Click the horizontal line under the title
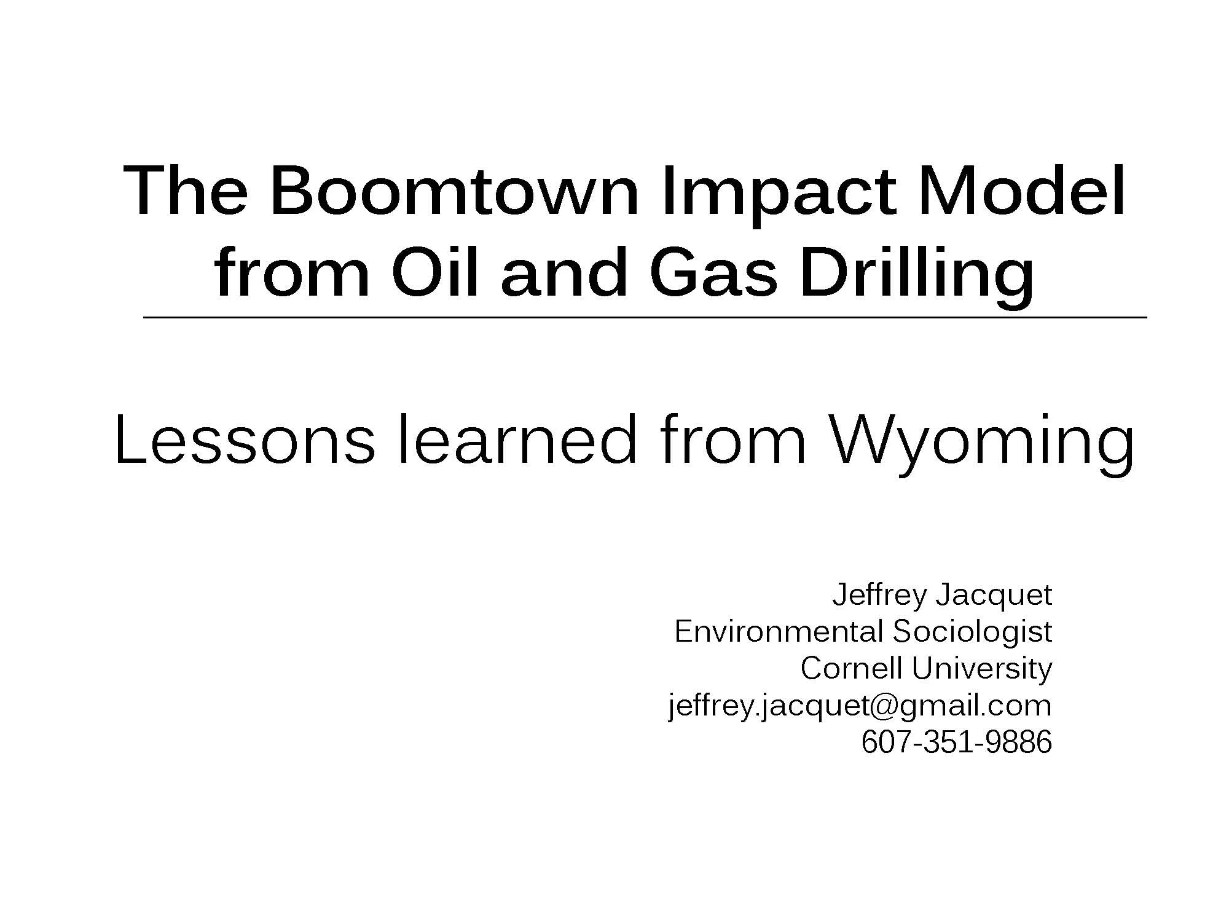click(x=645, y=318)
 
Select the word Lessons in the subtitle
click(x=244, y=440)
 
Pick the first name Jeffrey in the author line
click(x=879, y=596)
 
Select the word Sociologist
click(x=972, y=632)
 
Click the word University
click(x=982, y=669)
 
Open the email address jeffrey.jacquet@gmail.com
click(x=860, y=706)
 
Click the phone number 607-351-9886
click(x=957, y=742)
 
